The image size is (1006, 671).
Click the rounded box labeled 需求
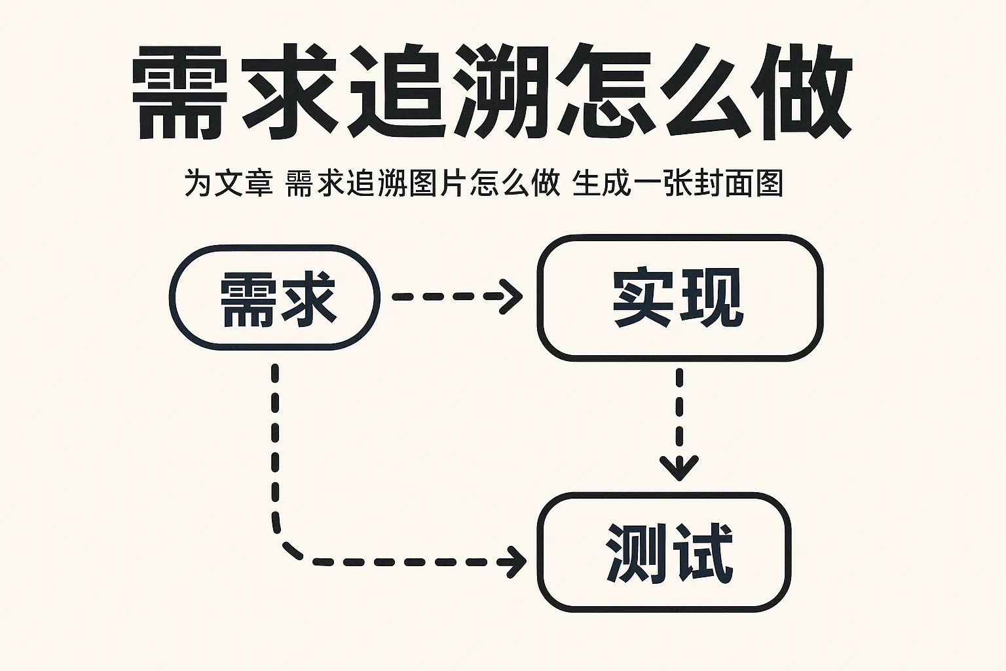275,297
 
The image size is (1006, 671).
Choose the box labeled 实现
680,297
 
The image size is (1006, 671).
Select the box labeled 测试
664,552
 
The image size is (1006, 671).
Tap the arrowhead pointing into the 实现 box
513,296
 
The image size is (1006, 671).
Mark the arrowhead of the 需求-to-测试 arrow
517,562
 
